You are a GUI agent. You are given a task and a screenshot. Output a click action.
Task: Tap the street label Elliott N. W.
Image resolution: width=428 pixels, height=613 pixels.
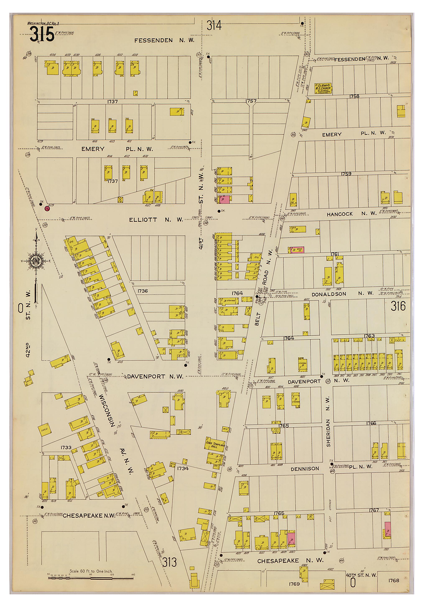[x=155, y=220]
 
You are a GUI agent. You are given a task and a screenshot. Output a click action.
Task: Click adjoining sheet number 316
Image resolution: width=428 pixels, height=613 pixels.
[x=398, y=306]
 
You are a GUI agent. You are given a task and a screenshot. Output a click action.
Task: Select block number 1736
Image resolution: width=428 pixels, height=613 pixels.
[x=143, y=291]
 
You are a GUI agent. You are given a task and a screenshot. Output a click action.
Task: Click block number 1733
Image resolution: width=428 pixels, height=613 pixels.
[x=66, y=447]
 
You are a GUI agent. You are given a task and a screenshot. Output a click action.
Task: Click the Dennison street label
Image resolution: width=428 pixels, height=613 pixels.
[x=305, y=469]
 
